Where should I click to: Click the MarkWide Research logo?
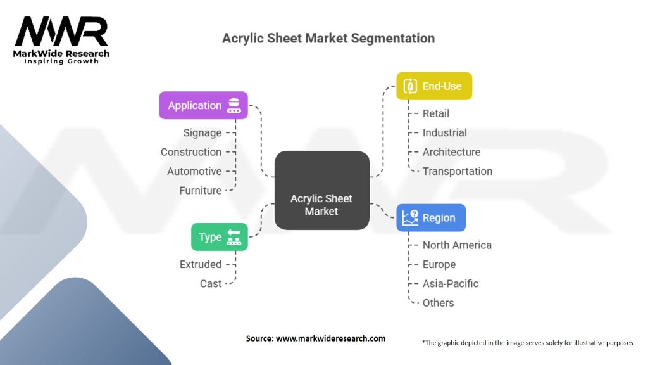61,39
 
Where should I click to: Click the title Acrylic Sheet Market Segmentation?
328,38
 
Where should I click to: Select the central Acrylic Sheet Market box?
321,190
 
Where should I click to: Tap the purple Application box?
203,105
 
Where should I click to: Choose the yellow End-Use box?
434,86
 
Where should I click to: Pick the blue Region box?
431,217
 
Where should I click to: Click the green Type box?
220,237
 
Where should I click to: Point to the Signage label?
202,132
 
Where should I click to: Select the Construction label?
191,152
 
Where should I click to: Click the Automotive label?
194,171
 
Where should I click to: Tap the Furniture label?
200,190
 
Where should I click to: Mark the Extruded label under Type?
201,264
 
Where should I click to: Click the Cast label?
211,283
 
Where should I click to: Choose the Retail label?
436,113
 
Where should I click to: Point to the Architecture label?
451,152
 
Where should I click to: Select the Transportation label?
458,171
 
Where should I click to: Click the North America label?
457,245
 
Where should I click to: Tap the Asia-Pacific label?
451,283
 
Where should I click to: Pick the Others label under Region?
439,303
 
